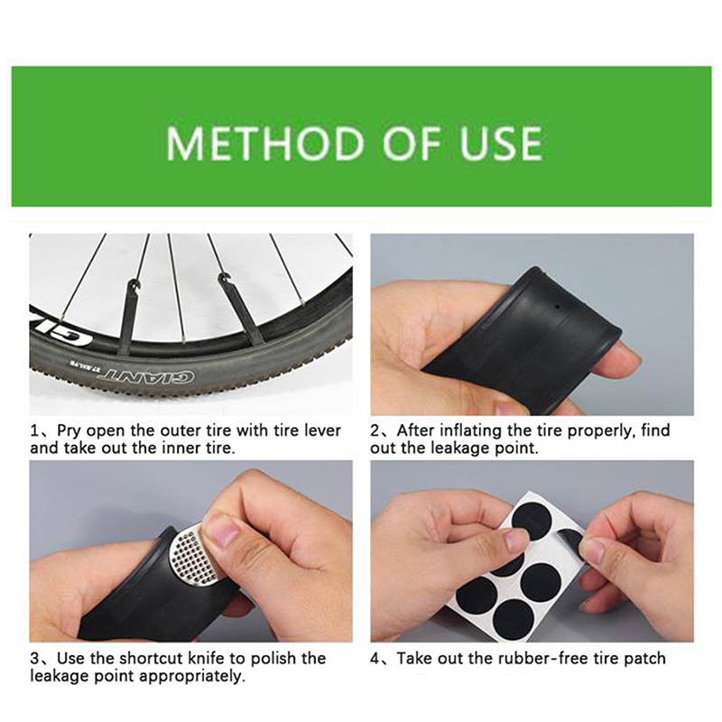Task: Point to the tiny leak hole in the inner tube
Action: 557,306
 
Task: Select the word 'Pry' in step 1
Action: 69,431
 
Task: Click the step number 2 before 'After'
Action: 375,430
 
